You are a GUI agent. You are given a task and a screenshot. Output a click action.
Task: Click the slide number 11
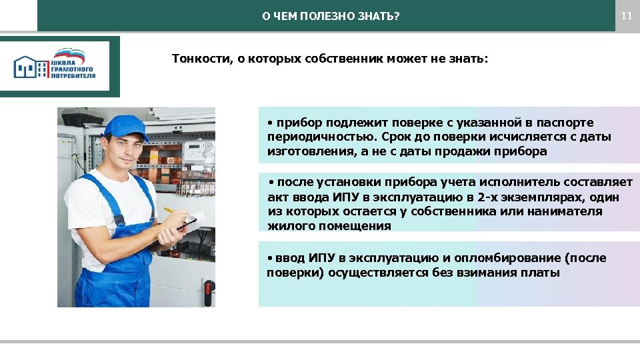[x=626, y=15]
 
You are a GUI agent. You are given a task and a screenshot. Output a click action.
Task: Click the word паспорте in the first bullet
[x=566, y=123]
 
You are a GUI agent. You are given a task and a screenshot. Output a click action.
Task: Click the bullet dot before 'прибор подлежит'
[x=269, y=123]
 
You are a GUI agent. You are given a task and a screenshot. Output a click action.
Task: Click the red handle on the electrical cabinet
[x=207, y=288]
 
